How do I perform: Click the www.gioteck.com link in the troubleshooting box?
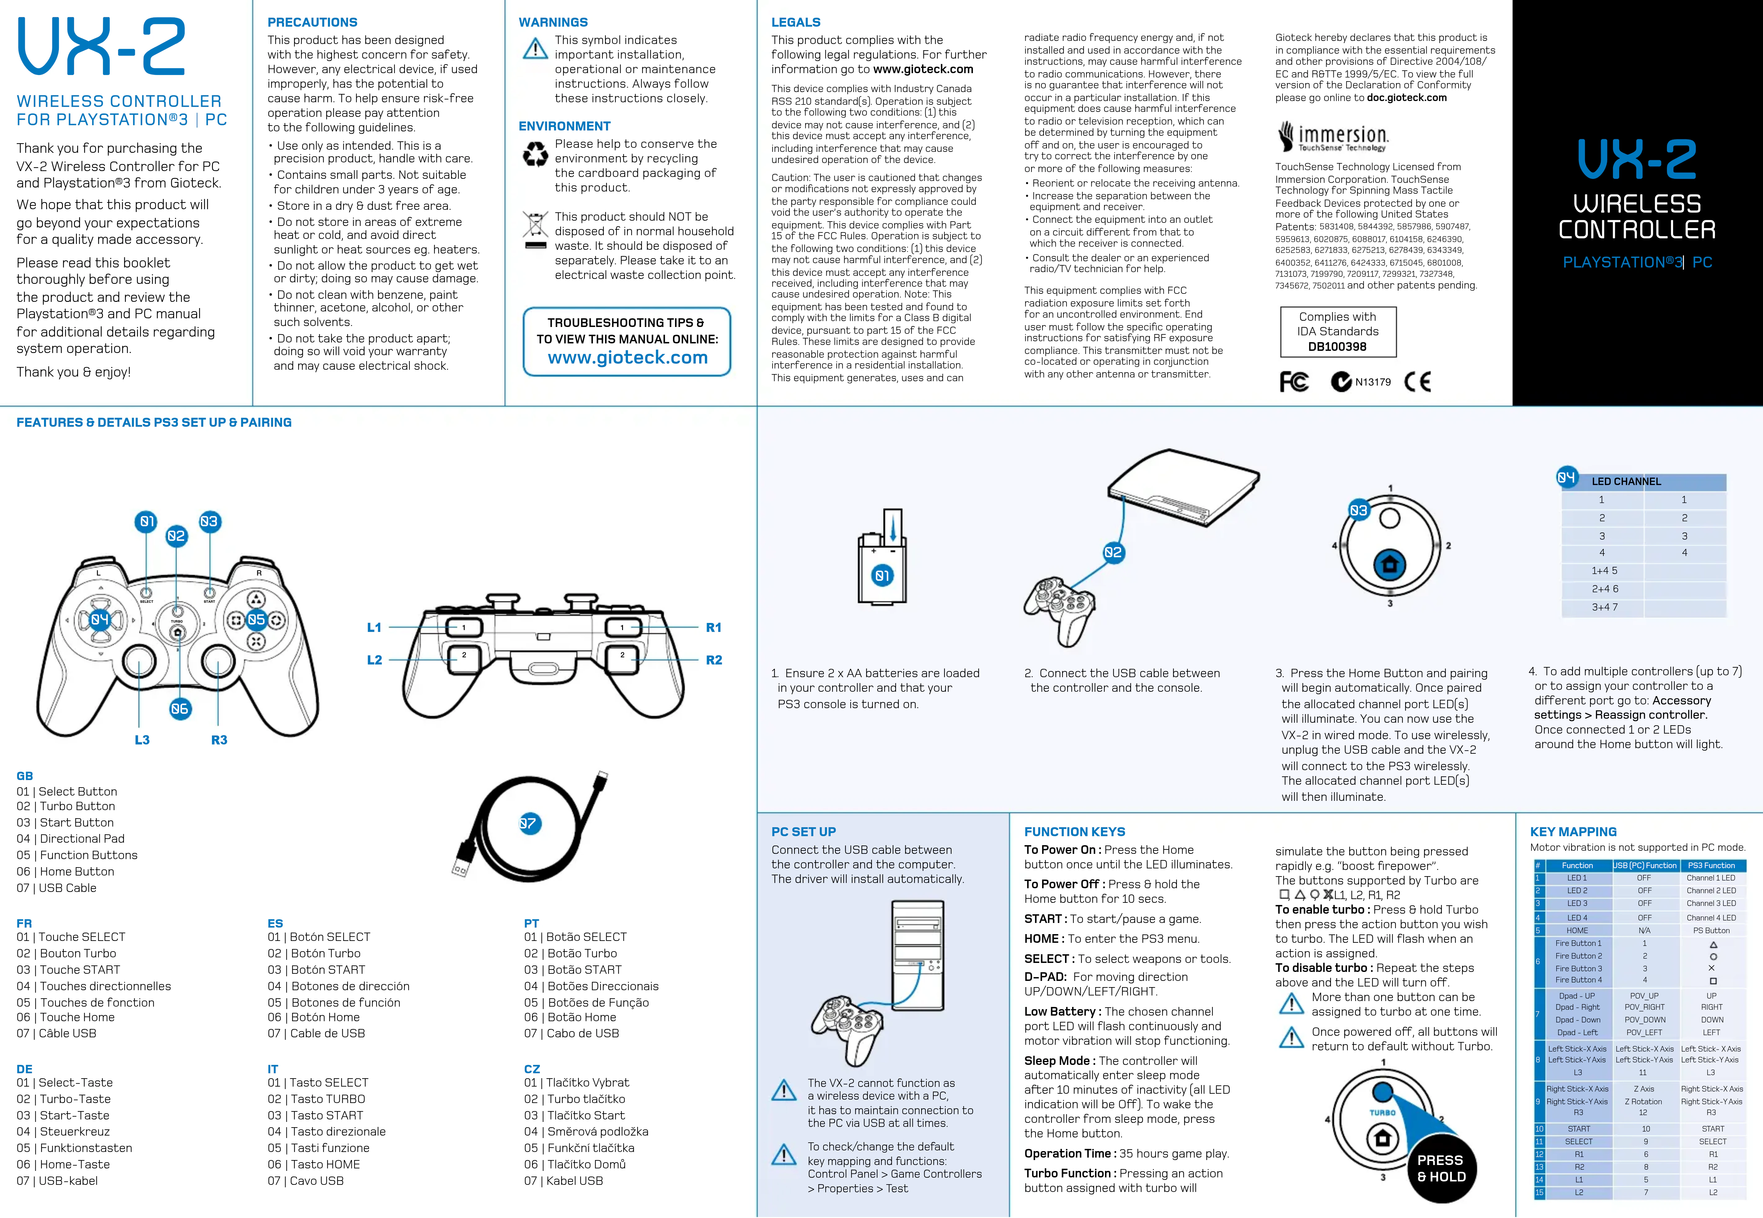pyautogui.click(x=627, y=358)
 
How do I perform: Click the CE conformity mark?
pyautogui.click(x=1417, y=382)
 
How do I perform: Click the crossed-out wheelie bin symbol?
pyautogui.click(x=535, y=229)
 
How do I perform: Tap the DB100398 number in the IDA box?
pyautogui.click(x=1337, y=346)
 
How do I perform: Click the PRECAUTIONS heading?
pyautogui.click(x=312, y=22)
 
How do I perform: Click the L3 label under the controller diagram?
pyautogui.click(x=142, y=739)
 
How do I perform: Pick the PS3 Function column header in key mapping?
pyautogui.click(x=1711, y=865)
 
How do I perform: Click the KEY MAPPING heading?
pyautogui.click(x=1573, y=832)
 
